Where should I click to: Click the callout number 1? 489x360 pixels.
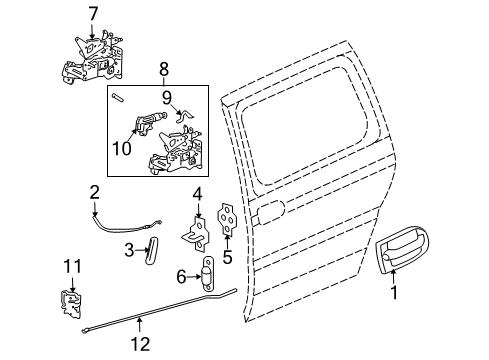[392, 295]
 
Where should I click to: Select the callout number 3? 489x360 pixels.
[130, 248]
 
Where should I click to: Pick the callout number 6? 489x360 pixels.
[181, 275]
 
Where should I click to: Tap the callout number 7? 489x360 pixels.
[93, 14]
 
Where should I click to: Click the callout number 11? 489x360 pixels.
[71, 266]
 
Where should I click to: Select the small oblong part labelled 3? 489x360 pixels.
[151, 248]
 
